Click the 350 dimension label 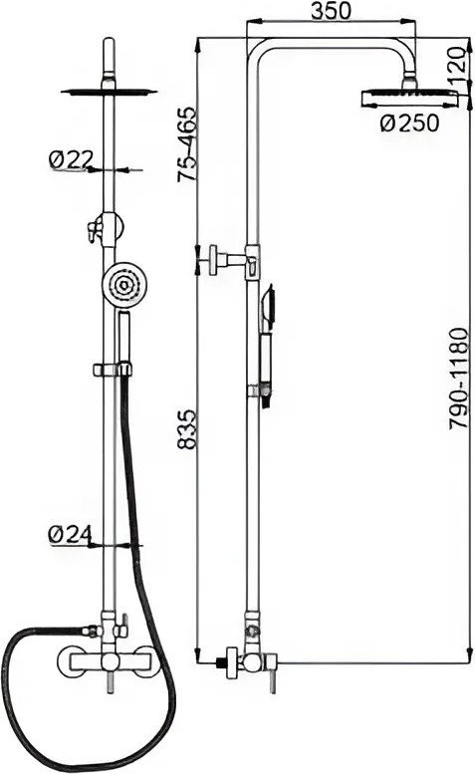pyautogui.click(x=331, y=10)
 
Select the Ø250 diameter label pyautogui.click(x=409, y=123)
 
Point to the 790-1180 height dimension pyautogui.click(x=458, y=378)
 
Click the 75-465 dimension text pyautogui.click(x=187, y=144)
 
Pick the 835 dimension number pyautogui.click(x=187, y=428)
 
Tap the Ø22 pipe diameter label pyautogui.click(x=71, y=159)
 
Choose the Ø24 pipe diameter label pyautogui.click(x=70, y=534)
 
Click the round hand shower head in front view pyautogui.click(x=123, y=285)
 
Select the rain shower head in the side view pyautogui.click(x=409, y=98)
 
